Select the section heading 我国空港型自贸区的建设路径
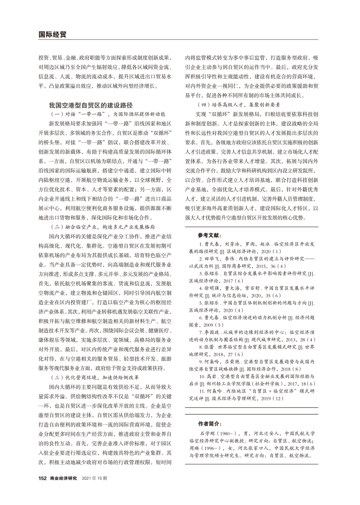point(91,105)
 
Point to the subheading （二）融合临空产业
point(103,227)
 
